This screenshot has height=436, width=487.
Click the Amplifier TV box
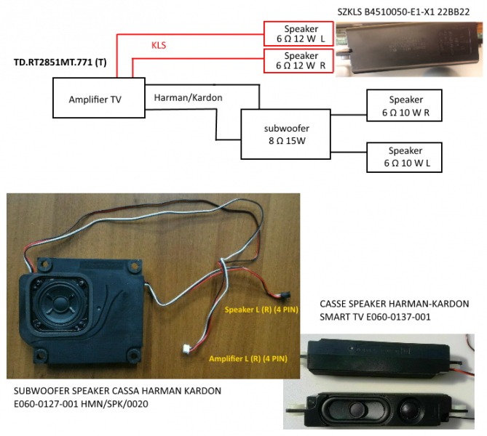pos(99,97)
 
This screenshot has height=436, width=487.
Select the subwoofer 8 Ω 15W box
pos(286,134)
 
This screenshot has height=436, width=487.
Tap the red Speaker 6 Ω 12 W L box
pos(298,34)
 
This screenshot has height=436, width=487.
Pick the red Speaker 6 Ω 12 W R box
pos(298,61)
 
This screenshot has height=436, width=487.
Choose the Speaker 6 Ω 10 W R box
pos(404,105)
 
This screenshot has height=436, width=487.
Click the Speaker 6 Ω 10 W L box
pos(404,157)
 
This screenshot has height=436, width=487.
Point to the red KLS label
pos(159,45)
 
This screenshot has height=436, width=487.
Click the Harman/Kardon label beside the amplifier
pos(189,97)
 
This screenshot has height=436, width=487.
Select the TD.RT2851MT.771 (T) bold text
pos(60,62)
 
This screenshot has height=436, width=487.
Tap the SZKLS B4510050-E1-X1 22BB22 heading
pos(403,12)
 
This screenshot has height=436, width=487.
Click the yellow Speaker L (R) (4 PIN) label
pos(261,310)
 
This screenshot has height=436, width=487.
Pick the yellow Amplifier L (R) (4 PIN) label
pos(248,359)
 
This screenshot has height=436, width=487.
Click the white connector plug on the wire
pos(186,349)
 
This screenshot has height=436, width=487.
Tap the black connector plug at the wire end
pos(285,294)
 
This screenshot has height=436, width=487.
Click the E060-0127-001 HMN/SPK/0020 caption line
pos(81,404)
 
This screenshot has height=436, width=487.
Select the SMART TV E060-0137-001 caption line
pos(375,317)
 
